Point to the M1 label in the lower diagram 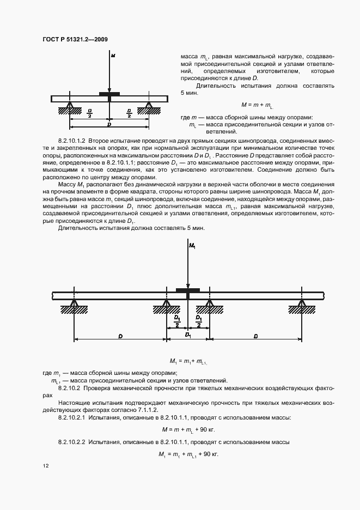[x=191, y=247]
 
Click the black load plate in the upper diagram [x=109, y=94]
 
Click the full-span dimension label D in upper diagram [x=109, y=125]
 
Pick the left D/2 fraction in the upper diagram [x=90, y=113]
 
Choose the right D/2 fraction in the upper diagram [x=129, y=113]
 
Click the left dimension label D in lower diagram [x=120, y=337]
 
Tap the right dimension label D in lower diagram [x=255, y=337]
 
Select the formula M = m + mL [x=257, y=105]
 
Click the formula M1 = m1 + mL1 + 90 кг [x=188, y=454]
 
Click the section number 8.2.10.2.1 [x=72, y=417]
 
